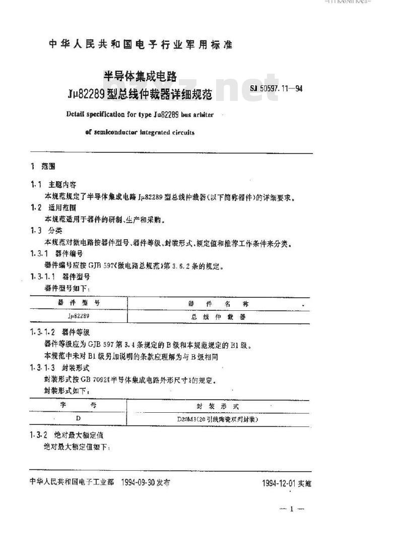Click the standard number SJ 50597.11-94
coord(276,89)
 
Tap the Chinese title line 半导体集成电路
coord(141,76)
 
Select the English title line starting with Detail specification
coord(140,115)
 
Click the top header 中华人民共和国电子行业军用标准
coord(141,44)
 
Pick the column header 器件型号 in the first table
coord(77,303)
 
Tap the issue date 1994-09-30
coord(139,482)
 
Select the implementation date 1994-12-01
coord(280,483)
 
